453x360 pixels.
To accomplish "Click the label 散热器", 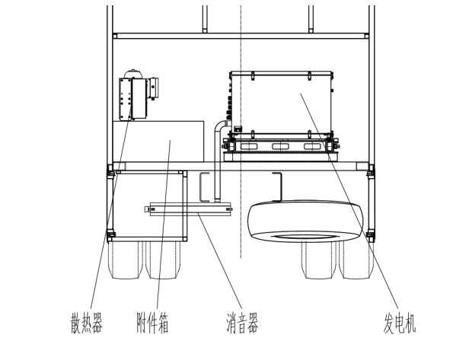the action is [86, 323].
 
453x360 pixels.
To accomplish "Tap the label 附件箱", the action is [152, 323].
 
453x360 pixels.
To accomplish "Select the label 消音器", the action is [242, 323].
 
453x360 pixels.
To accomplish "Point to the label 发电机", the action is [400, 323].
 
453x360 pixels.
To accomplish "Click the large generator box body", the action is [282, 103].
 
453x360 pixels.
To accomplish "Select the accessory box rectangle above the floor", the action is [158, 142].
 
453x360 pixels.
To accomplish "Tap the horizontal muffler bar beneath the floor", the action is [188, 209].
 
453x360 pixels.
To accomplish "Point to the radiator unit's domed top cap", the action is [133, 73].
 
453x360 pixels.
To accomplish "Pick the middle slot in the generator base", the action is [280, 146].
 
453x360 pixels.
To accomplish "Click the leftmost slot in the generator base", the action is [248, 146].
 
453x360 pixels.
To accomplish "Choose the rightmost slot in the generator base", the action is [313, 146].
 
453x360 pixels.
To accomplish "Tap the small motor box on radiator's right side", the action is [153, 88].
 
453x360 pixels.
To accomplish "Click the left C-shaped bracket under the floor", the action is [204, 187].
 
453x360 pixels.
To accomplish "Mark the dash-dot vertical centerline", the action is [241, 132].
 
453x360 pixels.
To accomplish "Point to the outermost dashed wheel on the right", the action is [356, 260].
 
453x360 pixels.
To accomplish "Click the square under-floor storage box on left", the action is [149, 206].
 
